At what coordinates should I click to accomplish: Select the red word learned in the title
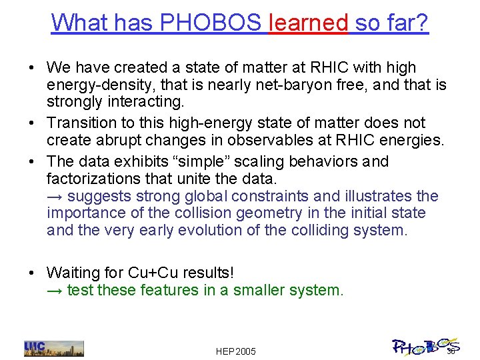tap(308, 23)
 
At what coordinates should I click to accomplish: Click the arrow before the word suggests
tap(55, 196)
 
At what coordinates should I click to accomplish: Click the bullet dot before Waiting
tap(32, 273)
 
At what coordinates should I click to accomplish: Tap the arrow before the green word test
tap(55, 290)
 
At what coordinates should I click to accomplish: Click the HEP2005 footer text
tap(236, 351)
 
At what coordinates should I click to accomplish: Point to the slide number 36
tap(451, 351)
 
